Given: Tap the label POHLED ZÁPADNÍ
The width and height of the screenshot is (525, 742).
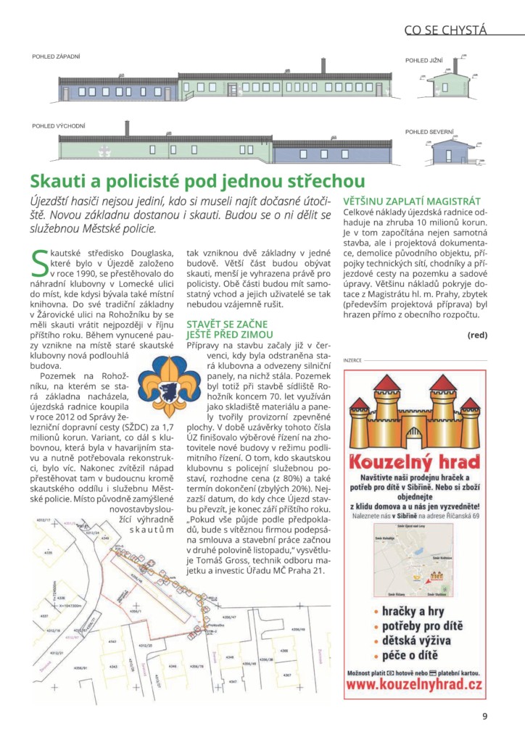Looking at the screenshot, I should pyautogui.click(x=56, y=57).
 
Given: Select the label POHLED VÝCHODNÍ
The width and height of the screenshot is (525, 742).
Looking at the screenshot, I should pyautogui.click(x=59, y=126).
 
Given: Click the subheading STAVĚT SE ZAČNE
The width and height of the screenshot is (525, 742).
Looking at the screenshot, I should pyautogui.click(x=227, y=323).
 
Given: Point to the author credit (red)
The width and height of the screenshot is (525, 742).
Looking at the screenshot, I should pyautogui.click(x=477, y=335).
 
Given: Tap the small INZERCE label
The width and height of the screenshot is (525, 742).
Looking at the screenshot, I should pyautogui.click(x=352, y=360).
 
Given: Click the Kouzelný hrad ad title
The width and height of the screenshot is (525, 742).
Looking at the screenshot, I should pyautogui.click(x=414, y=462).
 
